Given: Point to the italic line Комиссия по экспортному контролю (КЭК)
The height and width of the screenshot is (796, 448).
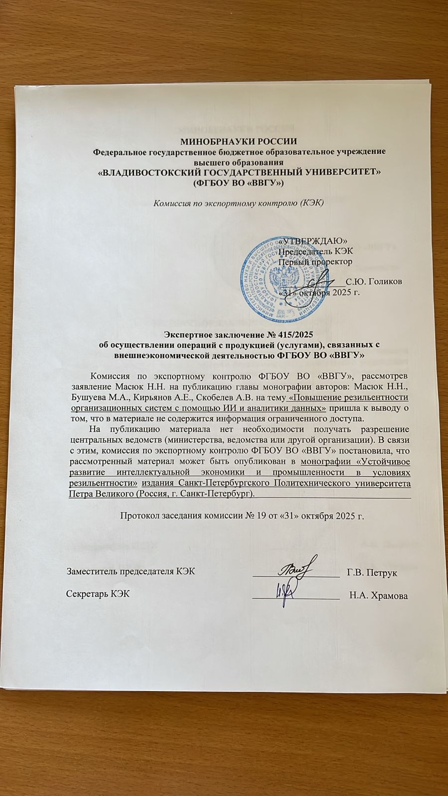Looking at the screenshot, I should pyautogui.click(x=238, y=202).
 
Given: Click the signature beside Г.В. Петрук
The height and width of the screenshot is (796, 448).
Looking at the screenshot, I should pyautogui.click(x=297, y=567).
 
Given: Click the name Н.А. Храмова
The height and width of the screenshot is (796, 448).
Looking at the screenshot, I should pyautogui.click(x=378, y=596).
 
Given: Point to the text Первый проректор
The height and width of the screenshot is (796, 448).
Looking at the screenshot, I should pyautogui.click(x=315, y=261).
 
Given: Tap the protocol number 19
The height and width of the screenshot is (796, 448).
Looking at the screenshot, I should pyautogui.click(x=263, y=515).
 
